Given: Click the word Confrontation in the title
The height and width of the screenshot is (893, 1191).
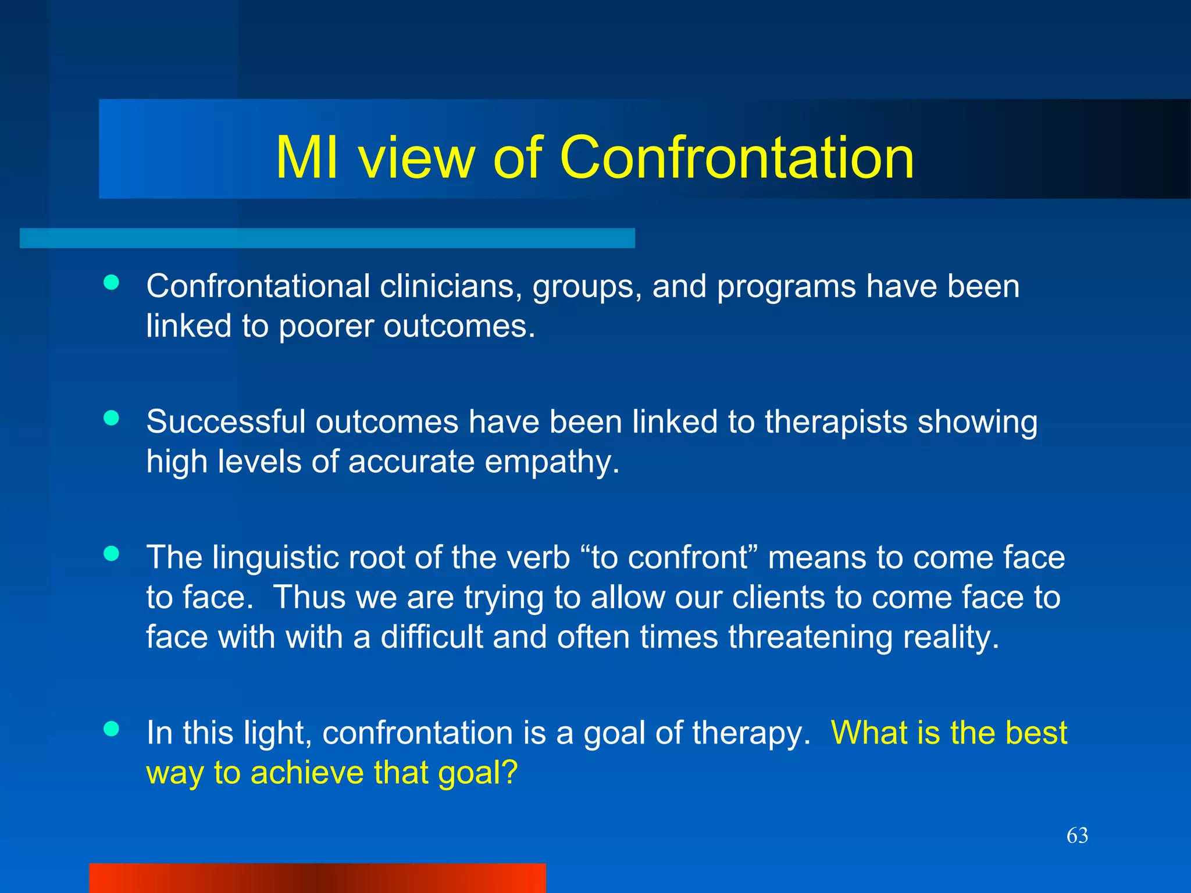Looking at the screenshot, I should click(736, 157).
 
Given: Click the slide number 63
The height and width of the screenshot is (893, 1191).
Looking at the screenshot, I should click(1077, 835).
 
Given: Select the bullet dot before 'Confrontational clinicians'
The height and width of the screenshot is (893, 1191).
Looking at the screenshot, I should click(111, 283).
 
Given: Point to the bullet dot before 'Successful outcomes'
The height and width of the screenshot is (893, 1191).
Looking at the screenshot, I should click(111, 418).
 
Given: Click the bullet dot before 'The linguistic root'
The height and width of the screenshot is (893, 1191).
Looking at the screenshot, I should click(111, 553).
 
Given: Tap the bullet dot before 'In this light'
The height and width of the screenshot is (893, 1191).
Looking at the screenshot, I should click(111, 728).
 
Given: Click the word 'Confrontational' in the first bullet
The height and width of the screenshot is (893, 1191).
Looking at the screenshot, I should click(258, 286).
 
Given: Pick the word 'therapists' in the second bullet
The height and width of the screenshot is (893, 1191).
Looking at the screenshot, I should click(836, 422).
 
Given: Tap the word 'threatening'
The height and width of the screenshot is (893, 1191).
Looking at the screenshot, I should click(810, 637).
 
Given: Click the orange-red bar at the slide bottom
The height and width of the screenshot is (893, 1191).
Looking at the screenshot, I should click(317, 878).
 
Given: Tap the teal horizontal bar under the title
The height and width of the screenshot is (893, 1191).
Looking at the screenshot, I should click(327, 238).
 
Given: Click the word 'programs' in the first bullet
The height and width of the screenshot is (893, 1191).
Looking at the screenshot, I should click(786, 287).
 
